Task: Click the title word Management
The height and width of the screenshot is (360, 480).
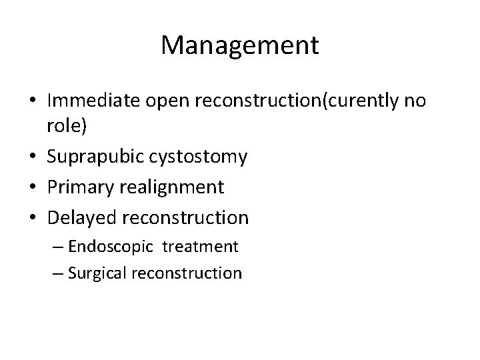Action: pyautogui.click(x=240, y=45)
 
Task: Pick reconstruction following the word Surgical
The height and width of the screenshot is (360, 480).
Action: pyautogui.click(x=189, y=273)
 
